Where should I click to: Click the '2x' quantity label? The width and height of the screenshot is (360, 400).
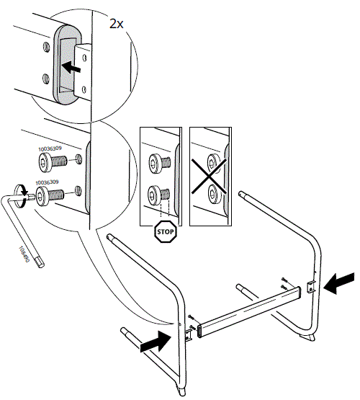point(117,23)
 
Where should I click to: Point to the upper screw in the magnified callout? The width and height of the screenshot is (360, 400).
point(51,164)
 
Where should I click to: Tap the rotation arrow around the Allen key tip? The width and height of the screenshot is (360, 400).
point(22,192)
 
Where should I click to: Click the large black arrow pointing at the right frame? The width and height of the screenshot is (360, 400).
point(339,283)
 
